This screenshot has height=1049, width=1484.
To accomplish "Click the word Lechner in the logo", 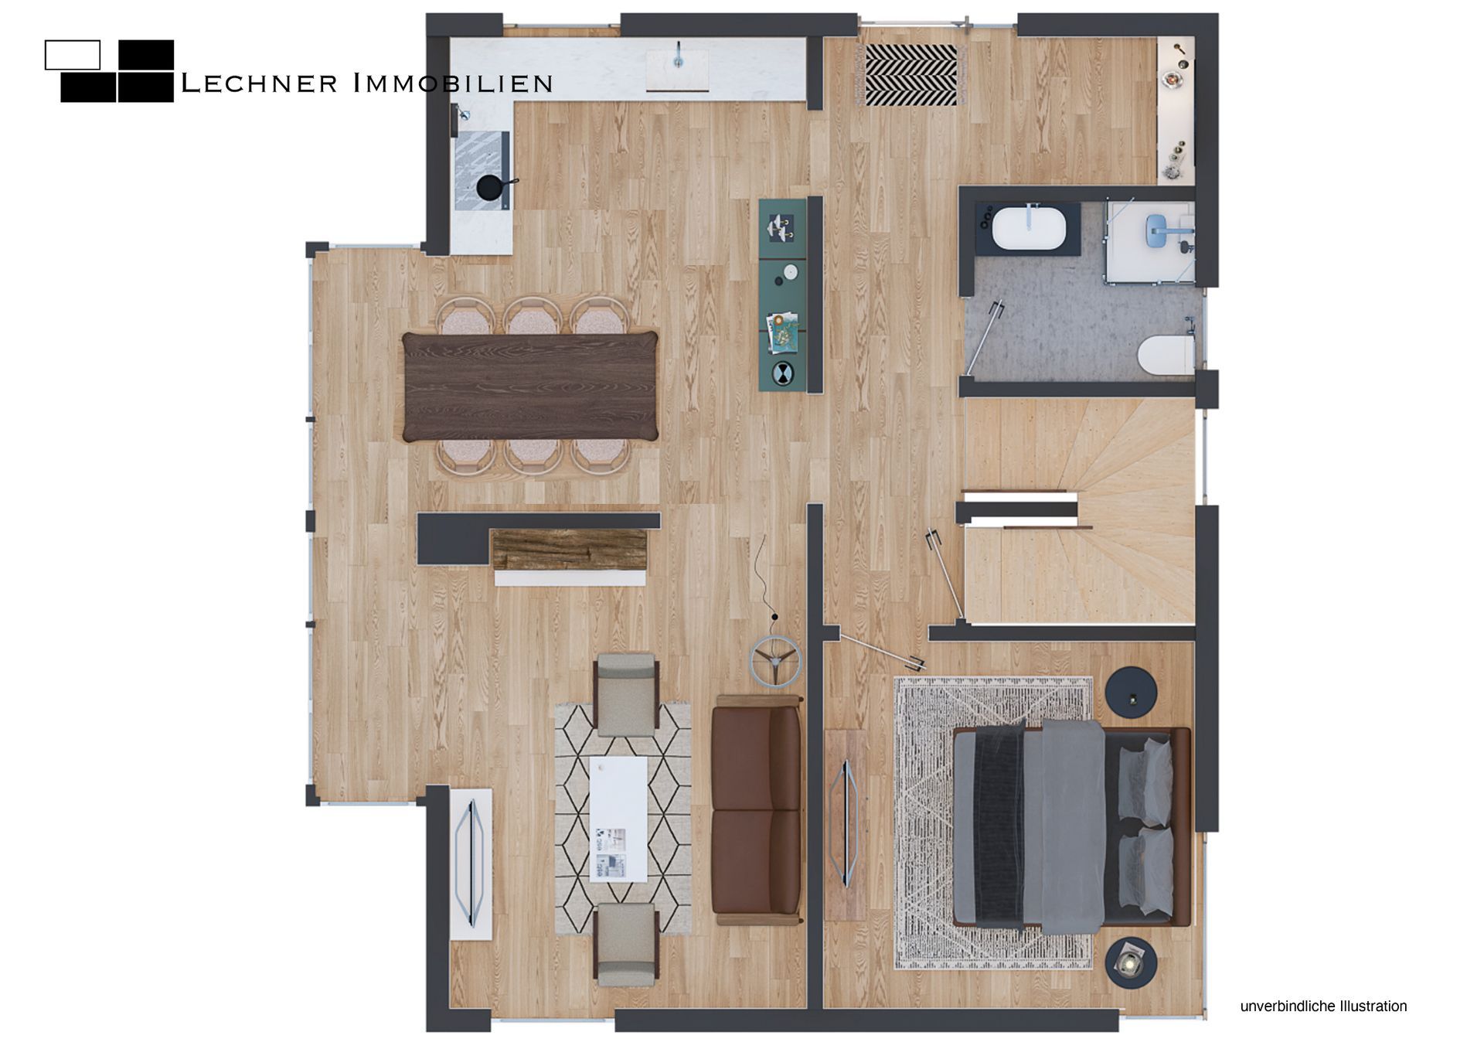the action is (258, 83).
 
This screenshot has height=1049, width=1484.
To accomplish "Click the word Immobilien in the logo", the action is (453, 83).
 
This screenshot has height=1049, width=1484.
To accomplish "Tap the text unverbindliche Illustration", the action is (1323, 1006).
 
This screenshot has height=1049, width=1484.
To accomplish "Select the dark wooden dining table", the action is (530, 387).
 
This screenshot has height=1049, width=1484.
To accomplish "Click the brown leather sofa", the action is (757, 809).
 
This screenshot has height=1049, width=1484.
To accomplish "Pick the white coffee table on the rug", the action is (618, 819).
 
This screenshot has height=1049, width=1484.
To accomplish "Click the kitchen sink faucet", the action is (679, 53).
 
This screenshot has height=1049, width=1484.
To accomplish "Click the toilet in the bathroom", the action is (1166, 356).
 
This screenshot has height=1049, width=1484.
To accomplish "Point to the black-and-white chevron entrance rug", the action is (912, 75).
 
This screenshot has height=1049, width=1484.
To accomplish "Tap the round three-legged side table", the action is (775, 661).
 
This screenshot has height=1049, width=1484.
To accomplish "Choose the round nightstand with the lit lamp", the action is (1131, 962).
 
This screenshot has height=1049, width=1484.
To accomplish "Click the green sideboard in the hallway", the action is (784, 295).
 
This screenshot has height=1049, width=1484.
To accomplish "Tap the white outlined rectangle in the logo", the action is (73, 55).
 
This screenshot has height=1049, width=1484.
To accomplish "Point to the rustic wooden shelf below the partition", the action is (570, 550).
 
